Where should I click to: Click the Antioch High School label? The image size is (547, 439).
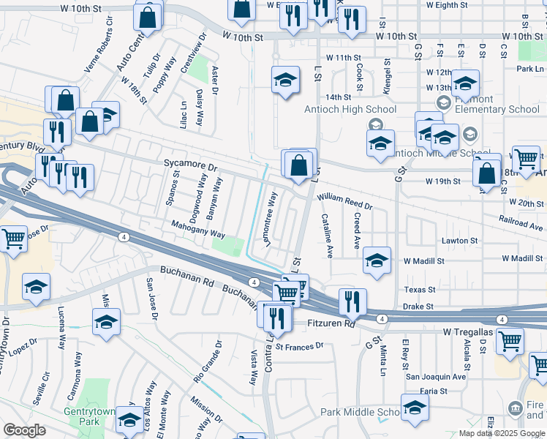pyautogui.click(x=350, y=110)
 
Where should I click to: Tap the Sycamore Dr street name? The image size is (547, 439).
pyautogui.click(x=191, y=166)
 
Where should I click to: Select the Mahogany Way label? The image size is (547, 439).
pyautogui.click(x=199, y=230)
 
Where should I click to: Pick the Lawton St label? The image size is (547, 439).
pyautogui.click(x=459, y=240)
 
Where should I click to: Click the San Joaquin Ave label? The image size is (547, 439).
pyautogui.click(x=436, y=377)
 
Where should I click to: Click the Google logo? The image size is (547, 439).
pyautogui.click(x=24, y=430)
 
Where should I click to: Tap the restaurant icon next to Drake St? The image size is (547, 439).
pyautogui.click(x=352, y=301)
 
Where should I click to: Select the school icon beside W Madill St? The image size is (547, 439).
pyautogui.click(x=377, y=261)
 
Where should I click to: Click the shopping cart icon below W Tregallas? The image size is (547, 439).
pyautogui.click(x=510, y=340)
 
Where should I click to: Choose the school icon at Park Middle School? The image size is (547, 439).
pyautogui.click(x=414, y=408)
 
